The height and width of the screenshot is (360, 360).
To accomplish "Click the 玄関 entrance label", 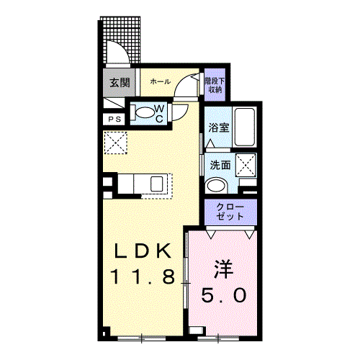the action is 120,82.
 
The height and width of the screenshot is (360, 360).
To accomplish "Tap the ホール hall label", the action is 161,81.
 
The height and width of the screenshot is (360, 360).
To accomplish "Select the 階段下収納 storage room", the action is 215,85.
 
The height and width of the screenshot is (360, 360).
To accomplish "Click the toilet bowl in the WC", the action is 145,112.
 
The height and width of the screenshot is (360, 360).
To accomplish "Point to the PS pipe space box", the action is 114,120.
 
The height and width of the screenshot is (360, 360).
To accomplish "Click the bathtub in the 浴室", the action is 245,127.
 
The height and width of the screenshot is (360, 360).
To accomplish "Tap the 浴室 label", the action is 218,127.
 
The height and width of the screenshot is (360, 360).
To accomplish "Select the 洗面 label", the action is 220,165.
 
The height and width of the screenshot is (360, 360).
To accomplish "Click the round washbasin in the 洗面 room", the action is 217,186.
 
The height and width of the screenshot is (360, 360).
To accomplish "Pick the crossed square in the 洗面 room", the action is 246,166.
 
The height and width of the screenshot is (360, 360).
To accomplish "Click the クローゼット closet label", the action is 230,212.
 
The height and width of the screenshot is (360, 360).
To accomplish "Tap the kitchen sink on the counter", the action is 157,184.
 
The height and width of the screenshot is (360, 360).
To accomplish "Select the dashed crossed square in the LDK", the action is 116,143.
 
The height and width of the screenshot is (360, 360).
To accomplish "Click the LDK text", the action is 143,251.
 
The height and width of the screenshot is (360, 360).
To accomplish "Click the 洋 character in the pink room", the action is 224,269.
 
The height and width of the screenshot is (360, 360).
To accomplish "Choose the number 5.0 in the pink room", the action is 224,295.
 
